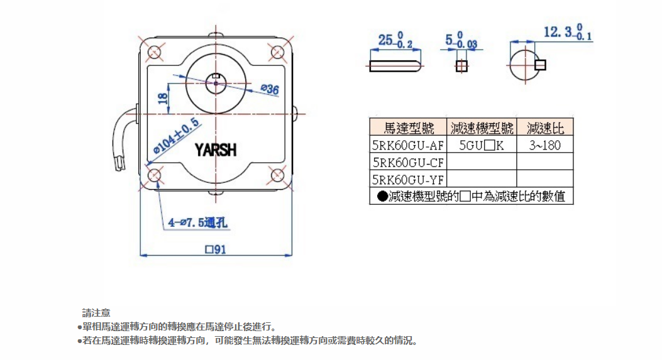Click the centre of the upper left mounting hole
[155, 53]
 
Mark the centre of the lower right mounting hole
[277, 175]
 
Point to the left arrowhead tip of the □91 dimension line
[140, 255]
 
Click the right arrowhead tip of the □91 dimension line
[292, 255]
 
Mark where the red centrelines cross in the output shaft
[216, 83]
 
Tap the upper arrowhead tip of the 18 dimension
[168, 84]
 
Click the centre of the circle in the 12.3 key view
[525, 65]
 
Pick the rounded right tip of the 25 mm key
[422, 66]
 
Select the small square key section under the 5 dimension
[461, 66]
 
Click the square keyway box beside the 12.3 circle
[541, 65]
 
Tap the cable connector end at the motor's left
[120, 163]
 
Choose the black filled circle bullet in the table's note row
[382, 196]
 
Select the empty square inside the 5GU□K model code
[489, 146]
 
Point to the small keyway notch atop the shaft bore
[216, 76]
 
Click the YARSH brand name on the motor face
[215, 150]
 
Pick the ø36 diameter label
[270, 89]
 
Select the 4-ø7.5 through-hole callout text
[198, 222]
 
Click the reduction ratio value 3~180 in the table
[544, 146]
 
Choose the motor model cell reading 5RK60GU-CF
[408, 163]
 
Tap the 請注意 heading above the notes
[96, 313]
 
